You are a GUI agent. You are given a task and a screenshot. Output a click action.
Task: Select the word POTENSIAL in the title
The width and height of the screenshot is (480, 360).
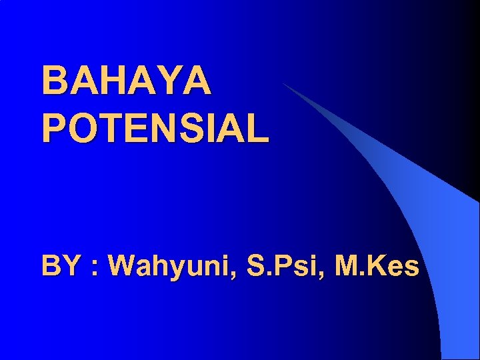[x=155, y=127]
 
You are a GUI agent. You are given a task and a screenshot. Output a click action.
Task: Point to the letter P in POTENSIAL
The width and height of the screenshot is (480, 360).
[x=53, y=127]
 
